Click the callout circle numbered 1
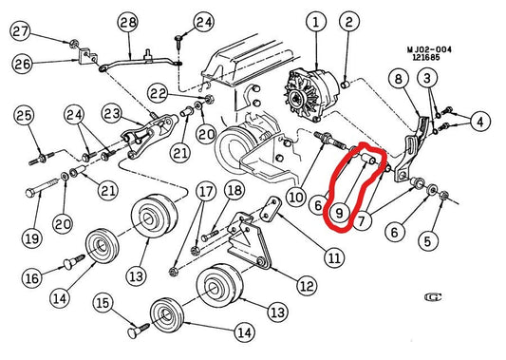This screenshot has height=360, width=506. coord(316,22)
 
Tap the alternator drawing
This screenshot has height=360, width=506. coord(309,94)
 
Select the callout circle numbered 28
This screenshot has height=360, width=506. coord(128,22)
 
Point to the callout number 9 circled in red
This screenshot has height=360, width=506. coord(340,213)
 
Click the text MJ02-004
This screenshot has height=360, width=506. coord(429,49)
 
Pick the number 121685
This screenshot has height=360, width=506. coord(426,58)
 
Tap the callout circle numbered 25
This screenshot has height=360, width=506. coord(24,116)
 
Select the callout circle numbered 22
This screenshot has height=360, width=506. coord(159,94)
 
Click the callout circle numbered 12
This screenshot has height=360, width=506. coord(307,286)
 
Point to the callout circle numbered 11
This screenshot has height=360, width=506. coord(334,257)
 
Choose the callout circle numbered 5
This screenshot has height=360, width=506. coord(428,240)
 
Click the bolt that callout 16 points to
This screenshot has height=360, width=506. coord(74,261)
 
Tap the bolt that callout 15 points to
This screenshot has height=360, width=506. coord(139,330)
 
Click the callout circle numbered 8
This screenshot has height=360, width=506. coord(399,79)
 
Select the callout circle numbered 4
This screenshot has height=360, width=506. coord(480,122)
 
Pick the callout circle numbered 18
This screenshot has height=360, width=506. coord(234,191)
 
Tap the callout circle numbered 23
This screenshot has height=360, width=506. coord(112,114)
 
